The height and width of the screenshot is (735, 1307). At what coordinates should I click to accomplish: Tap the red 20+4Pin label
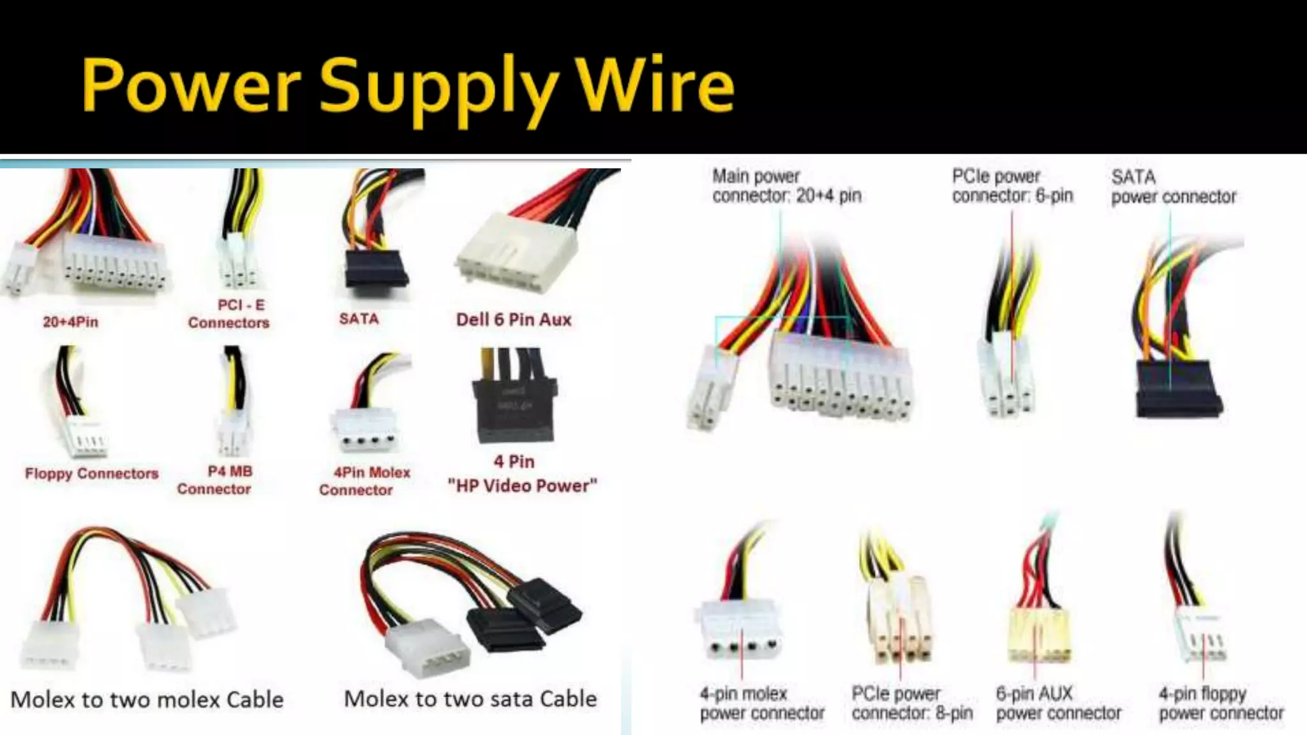tap(70, 322)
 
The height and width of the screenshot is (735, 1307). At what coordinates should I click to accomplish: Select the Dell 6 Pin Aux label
tap(513, 319)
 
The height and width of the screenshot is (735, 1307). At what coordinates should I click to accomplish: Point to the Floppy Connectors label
tap(91, 473)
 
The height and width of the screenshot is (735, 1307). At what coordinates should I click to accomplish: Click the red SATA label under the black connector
tap(359, 318)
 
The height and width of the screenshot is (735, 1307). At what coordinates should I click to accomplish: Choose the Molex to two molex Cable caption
tap(147, 699)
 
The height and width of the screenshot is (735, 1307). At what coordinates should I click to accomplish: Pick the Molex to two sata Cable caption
tap(470, 699)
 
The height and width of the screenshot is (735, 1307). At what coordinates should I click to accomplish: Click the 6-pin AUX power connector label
tap(1058, 703)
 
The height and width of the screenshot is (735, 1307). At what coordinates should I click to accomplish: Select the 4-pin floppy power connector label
tap(1221, 703)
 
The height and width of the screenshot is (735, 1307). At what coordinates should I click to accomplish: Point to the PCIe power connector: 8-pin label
tap(912, 703)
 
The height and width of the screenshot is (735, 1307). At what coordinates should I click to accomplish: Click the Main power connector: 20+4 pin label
tap(786, 186)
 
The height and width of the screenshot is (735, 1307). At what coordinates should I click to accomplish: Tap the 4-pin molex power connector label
tap(762, 703)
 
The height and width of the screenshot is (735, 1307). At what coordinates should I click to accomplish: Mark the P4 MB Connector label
tap(215, 480)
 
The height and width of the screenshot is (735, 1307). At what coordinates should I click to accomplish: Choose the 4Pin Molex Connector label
tap(364, 481)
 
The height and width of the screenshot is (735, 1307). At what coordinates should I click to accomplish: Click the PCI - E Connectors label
tap(228, 314)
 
